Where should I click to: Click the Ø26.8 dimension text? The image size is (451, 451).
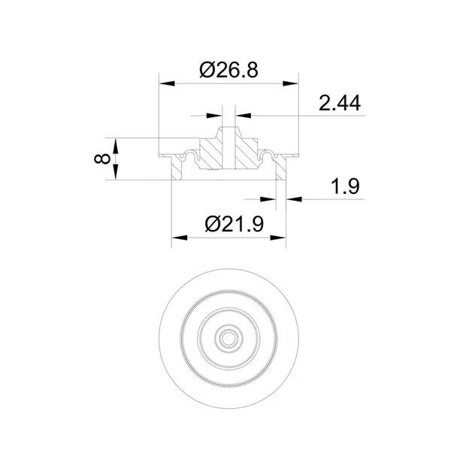point(229,70)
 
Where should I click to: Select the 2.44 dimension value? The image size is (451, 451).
point(340,103)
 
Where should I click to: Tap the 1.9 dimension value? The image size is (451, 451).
point(345,186)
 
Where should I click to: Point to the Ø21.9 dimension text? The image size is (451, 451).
point(234,224)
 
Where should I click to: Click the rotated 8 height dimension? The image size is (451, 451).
point(102,159)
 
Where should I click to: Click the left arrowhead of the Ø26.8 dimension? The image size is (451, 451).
point(167,83)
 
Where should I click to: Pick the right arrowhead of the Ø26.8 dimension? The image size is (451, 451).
point(290,83)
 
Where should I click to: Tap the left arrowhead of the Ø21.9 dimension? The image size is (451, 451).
point(180,238)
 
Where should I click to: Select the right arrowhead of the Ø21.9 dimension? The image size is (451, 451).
point(278,238)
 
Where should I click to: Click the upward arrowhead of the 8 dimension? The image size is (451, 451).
point(115,146)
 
